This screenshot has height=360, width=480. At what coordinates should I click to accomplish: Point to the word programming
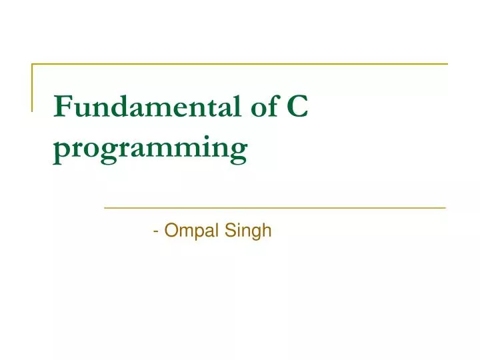(x=151, y=148)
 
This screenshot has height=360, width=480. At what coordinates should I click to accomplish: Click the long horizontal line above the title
(x=240, y=64)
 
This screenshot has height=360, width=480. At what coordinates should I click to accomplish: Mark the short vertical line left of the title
(x=32, y=87)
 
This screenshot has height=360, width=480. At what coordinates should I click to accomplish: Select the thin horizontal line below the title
(x=275, y=208)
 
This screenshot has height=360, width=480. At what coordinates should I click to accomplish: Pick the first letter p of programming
(x=62, y=149)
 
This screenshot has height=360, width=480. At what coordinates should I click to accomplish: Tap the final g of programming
(x=239, y=149)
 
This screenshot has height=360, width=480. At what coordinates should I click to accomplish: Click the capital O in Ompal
(x=171, y=231)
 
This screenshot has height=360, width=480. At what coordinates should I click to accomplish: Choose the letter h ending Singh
(x=267, y=231)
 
